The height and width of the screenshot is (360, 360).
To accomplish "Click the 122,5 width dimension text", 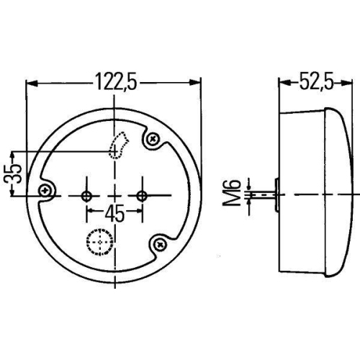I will point(114,82).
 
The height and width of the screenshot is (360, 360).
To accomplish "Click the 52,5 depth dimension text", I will point(315,82).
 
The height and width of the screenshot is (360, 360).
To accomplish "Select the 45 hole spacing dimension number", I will point(114,214).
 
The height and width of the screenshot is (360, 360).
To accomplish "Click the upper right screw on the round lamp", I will point(153,139).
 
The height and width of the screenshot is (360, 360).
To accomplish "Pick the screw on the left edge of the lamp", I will point(46,190).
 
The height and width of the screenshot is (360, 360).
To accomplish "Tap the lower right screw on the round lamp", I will point(160,246).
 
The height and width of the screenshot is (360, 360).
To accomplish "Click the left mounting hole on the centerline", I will point(87,195).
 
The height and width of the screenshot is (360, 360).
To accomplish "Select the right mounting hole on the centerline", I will point(142,195).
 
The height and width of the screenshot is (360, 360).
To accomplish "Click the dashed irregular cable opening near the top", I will point(116,145).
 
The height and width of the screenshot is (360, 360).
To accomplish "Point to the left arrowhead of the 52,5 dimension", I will point(283,83).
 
